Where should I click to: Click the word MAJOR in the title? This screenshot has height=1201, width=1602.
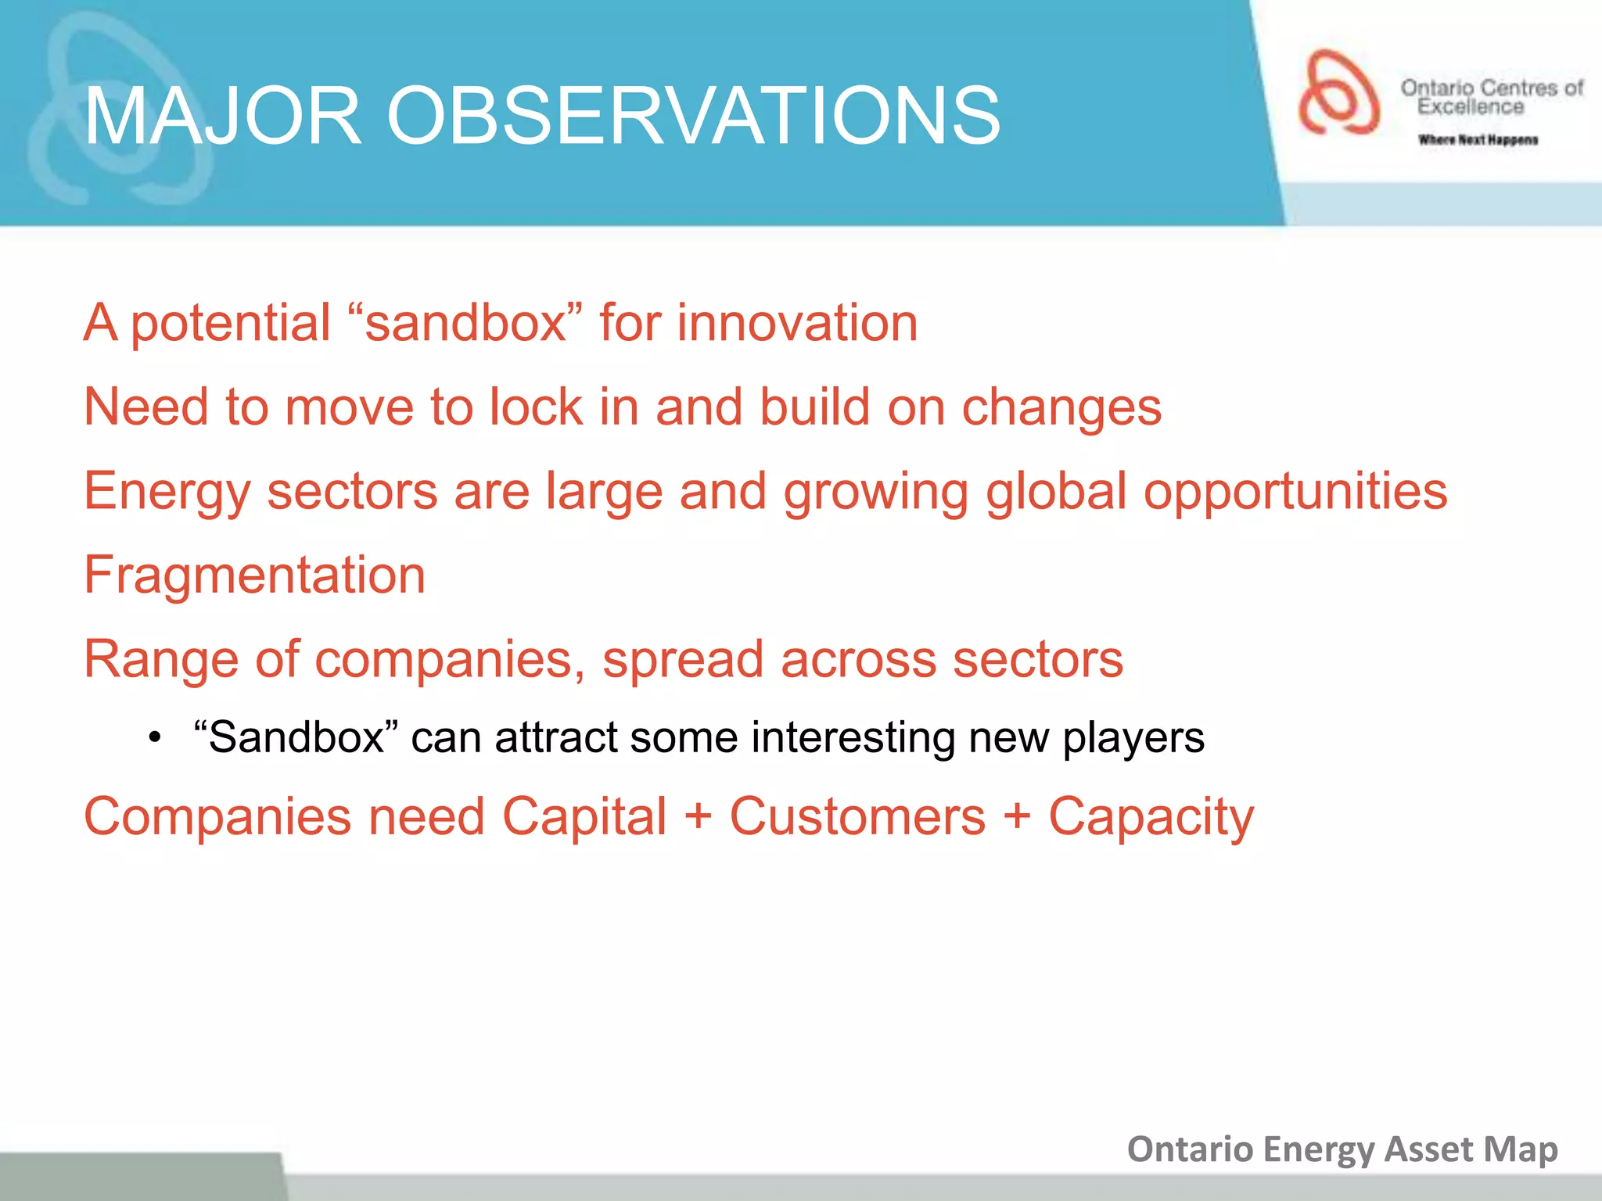pos(222,116)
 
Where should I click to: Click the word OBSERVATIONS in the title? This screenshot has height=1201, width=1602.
pos(693,116)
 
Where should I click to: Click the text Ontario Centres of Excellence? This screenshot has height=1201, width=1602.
pos(1491,97)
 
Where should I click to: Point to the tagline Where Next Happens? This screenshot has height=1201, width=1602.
pos(1478,140)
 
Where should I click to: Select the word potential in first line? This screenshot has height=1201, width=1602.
pos(231,324)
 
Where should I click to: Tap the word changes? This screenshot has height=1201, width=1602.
pos(1061,408)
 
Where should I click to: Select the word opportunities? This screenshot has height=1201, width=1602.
pos(1295,492)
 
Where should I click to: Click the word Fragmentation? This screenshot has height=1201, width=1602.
pos(254,575)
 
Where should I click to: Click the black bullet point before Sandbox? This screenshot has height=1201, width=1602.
pos(155,738)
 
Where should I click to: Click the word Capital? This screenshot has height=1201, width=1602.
pos(584,816)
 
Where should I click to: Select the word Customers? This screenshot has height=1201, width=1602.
pos(857,816)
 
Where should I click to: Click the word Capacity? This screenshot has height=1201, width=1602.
pos(1151,818)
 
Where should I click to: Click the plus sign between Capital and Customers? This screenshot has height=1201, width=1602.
pos(698,818)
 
